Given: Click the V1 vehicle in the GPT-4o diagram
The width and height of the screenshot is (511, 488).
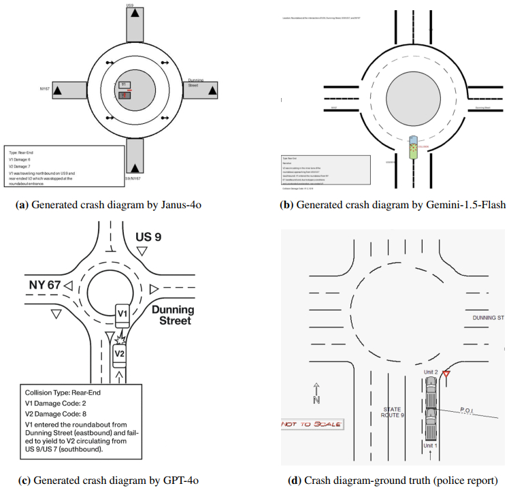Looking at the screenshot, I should coord(122,312).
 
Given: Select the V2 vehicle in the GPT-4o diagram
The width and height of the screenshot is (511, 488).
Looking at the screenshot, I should coord(120,354).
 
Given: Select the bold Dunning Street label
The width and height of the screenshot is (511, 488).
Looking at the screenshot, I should coord(171,314).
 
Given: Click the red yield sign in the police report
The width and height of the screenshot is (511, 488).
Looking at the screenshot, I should coord(446,374).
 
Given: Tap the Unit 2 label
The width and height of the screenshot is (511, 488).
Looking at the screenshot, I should coord(431,372).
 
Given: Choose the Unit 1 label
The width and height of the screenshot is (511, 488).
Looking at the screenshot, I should coord(430,445).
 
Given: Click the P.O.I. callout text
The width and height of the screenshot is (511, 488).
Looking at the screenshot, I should coord(469,410).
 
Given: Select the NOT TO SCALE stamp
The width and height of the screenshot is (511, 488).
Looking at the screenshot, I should coord(312,424).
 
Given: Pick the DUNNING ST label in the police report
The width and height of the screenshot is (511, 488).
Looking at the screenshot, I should coord(487,317).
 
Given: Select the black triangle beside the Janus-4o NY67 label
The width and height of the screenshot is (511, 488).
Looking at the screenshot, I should coord(58,91).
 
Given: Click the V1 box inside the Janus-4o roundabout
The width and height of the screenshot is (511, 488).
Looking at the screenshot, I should coord(123,85).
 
